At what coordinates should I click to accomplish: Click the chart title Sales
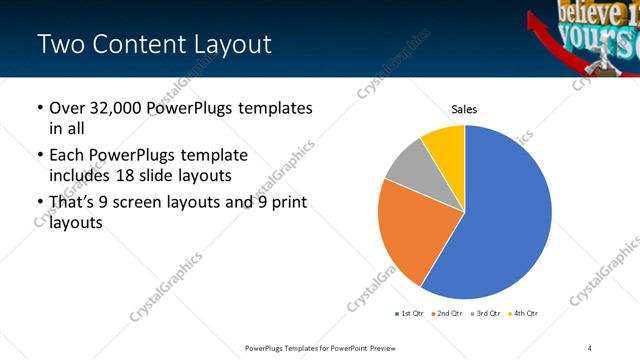464,109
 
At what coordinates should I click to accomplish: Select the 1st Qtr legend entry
409,314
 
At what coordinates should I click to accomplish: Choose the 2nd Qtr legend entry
446,314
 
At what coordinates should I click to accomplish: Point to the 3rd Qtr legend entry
484,314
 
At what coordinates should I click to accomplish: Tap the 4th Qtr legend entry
522,314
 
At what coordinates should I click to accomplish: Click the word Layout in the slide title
231,45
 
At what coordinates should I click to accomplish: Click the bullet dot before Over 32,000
39,107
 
